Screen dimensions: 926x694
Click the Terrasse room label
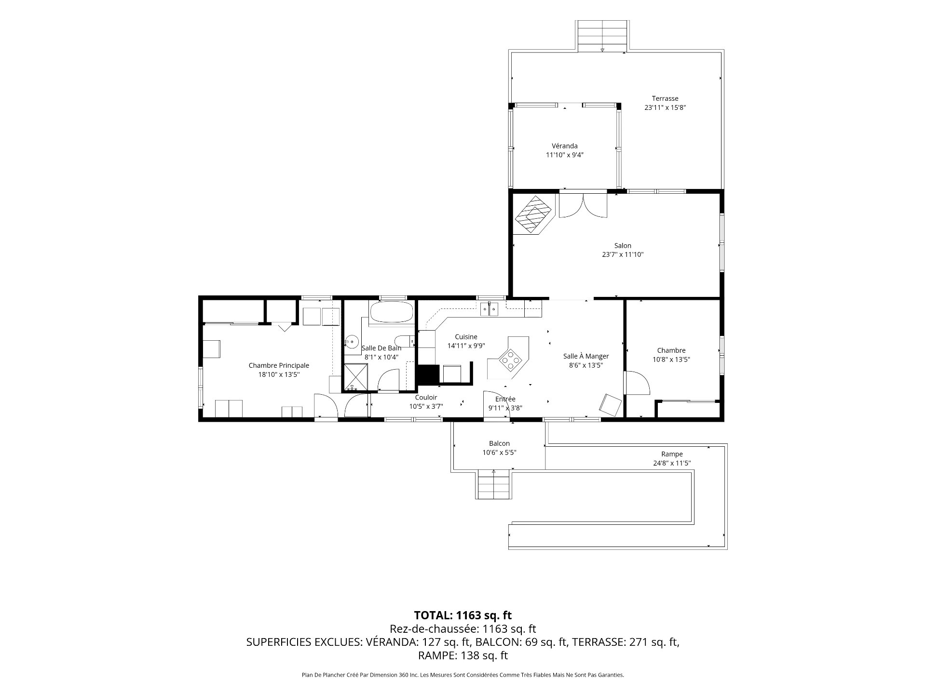pyautogui.click(x=665, y=98)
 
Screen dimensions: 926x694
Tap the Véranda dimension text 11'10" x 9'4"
pyautogui.click(x=565, y=155)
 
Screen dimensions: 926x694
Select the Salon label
pyautogui.click(x=623, y=245)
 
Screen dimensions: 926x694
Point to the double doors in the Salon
pyautogui.click(x=583, y=206)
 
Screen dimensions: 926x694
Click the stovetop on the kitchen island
pyautogui.click(x=510, y=359)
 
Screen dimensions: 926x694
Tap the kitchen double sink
pyautogui.click(x=489, y=309)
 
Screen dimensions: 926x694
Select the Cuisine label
pyautogui.click(x=466, y=337)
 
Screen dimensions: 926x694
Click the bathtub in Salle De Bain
pyautogui.click(x=391, y=312)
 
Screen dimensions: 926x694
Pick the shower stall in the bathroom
pyautogui.click(x=355, y=377)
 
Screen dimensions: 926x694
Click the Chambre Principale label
pyautogui.click(x=279, y=365)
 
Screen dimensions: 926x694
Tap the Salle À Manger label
pyautogui.click(x=586, y=356)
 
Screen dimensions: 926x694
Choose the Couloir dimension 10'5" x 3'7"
pyautogui.click(x=426, y=406)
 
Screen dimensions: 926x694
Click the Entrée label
pyautogui.click(x=505, y=399)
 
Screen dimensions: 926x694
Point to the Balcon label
pyautogui.click(x=499, y=443)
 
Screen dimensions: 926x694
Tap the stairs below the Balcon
pyautogui.click(x=494, y=484)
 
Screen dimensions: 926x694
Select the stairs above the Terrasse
pyautogui.click(x=602, y=36)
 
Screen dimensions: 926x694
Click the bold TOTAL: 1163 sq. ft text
pyautogui.click(x=463, y=615)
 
